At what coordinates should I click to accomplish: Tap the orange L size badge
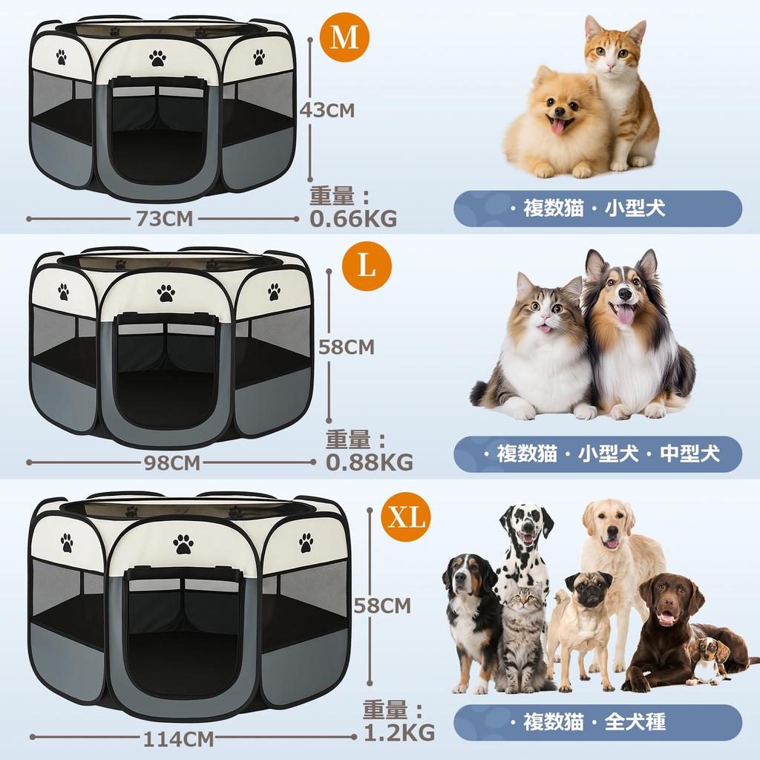point(367,266)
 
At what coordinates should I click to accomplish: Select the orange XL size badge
point(406,517)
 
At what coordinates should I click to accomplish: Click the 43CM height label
point(327,111)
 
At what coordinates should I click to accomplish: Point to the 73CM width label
point(164,218)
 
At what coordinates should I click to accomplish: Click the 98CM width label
point(171,462)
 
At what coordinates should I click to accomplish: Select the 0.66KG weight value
point(353,218)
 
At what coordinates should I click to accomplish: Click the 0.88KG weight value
point(369,462)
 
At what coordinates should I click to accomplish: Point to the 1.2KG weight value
point(399,733)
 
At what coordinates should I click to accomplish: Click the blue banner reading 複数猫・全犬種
point(597,721)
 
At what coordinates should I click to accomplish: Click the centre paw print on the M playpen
point(157,58)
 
